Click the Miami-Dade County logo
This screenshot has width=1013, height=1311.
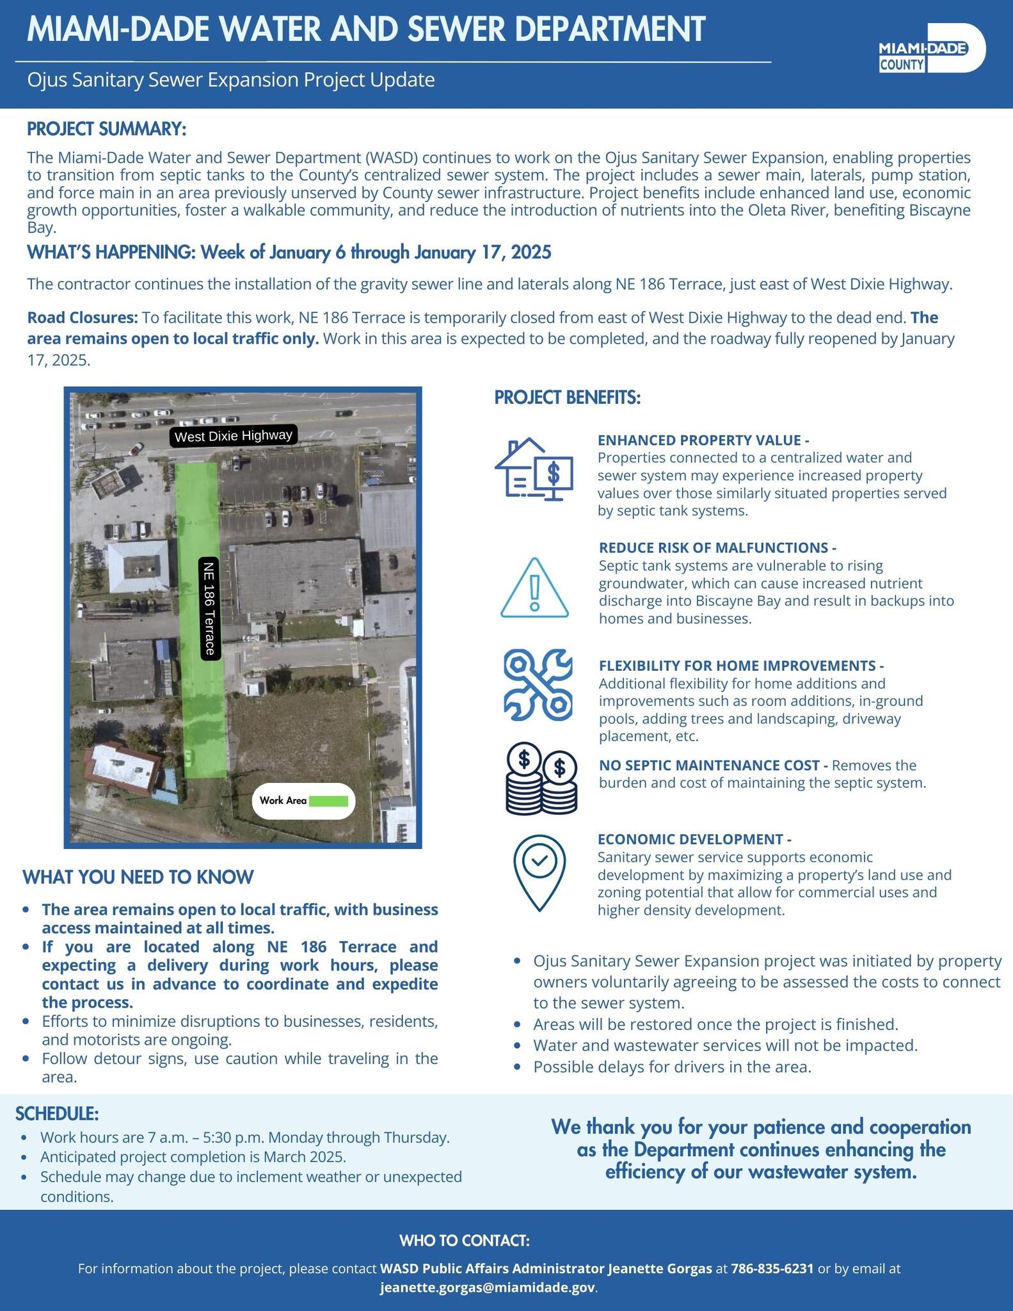click(x=932, y=48)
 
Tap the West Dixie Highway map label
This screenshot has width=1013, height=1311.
click(x=234, y=436)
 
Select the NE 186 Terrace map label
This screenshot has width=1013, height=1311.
click(x=210, y=607)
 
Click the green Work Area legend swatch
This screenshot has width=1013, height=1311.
click(x=328, y=801)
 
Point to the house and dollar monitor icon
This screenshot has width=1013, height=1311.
click(x=534, y=469)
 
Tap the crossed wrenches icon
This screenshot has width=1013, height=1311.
click(x=538, y=684)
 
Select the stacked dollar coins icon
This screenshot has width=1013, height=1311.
click(x=541, y=778)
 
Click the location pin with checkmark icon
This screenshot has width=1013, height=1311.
click(x=539, y=873)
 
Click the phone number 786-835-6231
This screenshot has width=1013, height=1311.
click(x=772, y=1268)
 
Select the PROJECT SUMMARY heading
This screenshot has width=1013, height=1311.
click(x=106, y=129)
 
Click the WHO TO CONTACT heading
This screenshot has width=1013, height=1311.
click(x=465, y=1241)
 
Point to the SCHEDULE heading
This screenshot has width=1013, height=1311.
click(x=57, y=1114)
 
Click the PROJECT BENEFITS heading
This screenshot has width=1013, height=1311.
click(x=567, y=398)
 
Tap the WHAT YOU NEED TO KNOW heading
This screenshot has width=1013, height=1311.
click(x=138, y=877)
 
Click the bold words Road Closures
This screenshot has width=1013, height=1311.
click(x=82, y=318)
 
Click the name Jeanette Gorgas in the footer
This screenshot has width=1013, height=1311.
click(x=660, y=1268)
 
